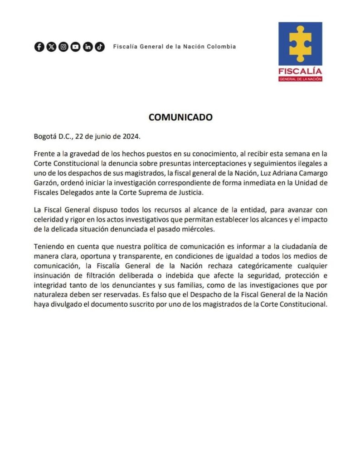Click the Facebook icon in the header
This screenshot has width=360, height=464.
[39, 47]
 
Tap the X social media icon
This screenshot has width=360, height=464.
[51, 47]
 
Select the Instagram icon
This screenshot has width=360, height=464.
[63, 47]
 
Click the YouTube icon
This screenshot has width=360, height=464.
[75, 47]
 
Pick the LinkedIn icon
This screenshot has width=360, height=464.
[88, 47]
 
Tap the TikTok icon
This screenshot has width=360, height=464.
[100, 47]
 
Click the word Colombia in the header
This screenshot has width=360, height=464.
[221, 47]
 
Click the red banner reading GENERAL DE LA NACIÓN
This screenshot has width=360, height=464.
[300, 78]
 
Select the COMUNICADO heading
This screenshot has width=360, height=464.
[180, 117]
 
